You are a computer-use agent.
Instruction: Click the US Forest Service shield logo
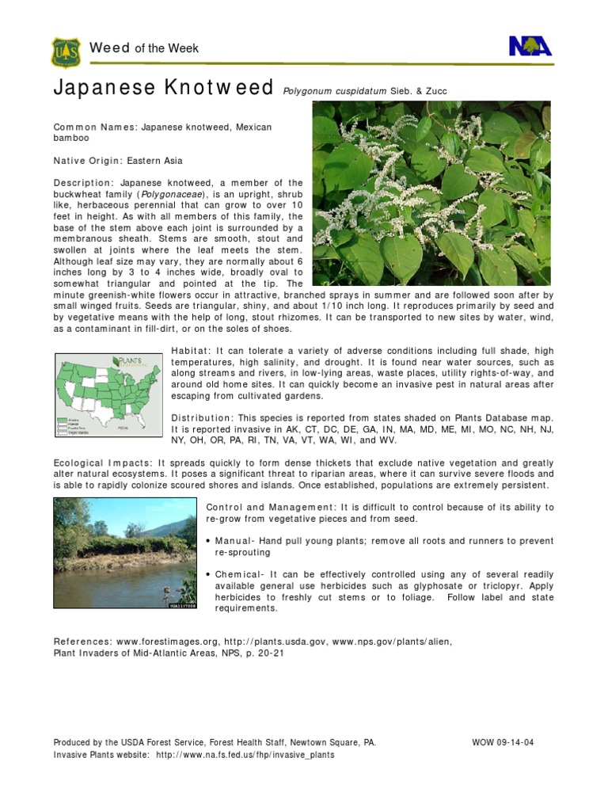64,52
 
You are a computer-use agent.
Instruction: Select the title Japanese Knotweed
163,88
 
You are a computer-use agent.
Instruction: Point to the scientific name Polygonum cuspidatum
334,91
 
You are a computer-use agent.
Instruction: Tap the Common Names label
94,127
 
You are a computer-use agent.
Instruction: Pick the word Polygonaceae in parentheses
172,194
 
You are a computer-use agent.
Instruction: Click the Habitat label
191,350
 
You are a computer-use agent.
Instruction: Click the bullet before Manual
208,541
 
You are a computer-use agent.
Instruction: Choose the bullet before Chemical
208,574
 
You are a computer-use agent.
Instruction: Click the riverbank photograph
124,553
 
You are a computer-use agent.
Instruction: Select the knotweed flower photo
431,192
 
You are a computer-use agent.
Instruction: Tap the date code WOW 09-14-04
503,743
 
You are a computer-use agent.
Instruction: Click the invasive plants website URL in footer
245,755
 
